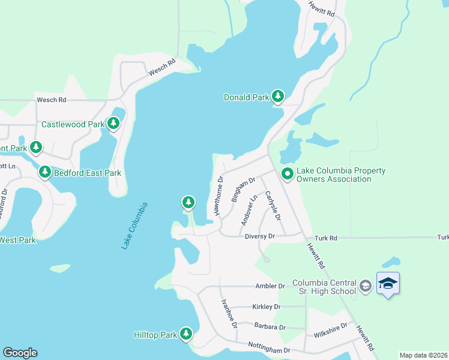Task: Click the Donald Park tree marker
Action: (x=277, y=96)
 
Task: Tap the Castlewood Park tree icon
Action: (x=113, y=124)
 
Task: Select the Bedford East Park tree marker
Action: (x=44, y=172)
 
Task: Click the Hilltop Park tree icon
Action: (x=186, y=334)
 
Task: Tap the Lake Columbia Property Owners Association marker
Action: (x=287, y=174)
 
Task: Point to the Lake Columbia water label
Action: (x=134, y=226)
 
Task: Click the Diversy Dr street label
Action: (x=259, y=236)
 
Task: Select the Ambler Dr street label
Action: (x=270, y=286)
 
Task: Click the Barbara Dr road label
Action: (x=270, y=327)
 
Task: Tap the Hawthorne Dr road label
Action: (x=218, y=196)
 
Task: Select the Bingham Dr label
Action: (x=244, y=189)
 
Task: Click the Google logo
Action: (x=20, y=353)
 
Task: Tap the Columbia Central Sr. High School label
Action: (x=324, y=287)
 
